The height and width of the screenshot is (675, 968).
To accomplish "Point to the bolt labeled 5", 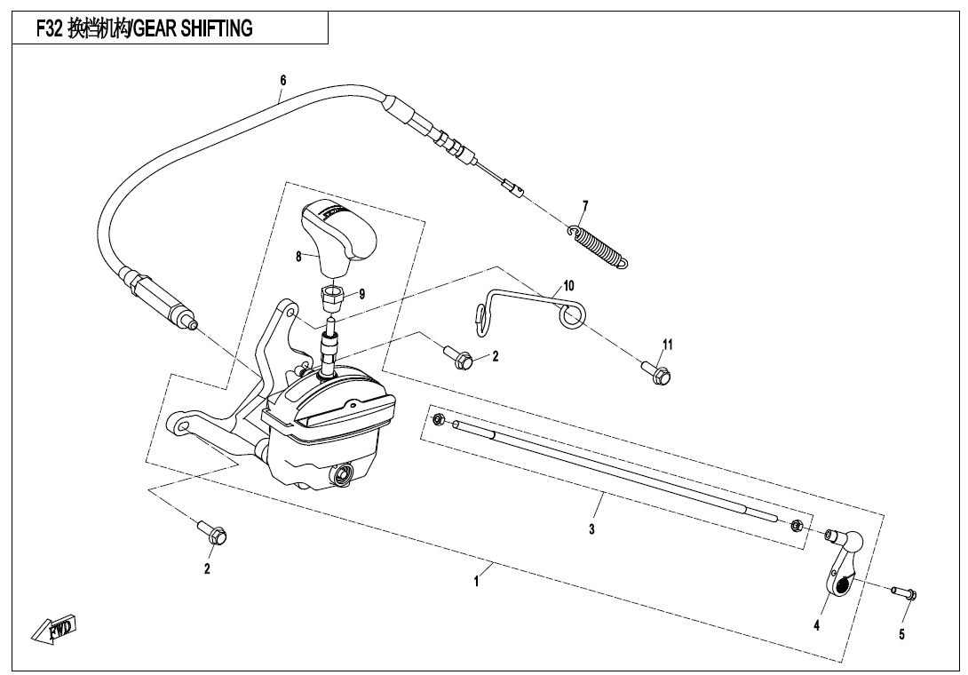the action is [904, 593].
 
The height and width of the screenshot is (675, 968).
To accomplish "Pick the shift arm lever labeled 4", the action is [841, 559].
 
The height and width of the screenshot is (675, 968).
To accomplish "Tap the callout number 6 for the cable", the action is [282, 80].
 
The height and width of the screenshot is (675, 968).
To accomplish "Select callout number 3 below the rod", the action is [591, 529].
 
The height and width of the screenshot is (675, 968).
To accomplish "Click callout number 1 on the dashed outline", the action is [476, 582].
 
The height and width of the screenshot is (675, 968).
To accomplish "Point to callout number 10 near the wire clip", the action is [568, 285].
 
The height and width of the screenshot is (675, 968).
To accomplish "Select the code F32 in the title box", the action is [49, 28].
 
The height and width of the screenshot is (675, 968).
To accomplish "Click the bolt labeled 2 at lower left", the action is [212, 532].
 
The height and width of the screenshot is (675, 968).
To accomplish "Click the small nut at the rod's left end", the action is [439, 420].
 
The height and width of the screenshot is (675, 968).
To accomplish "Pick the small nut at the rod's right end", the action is [797, 526].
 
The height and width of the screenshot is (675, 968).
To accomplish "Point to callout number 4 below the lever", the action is [816, 625].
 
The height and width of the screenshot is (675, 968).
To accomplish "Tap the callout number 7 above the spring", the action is [585, 206].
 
